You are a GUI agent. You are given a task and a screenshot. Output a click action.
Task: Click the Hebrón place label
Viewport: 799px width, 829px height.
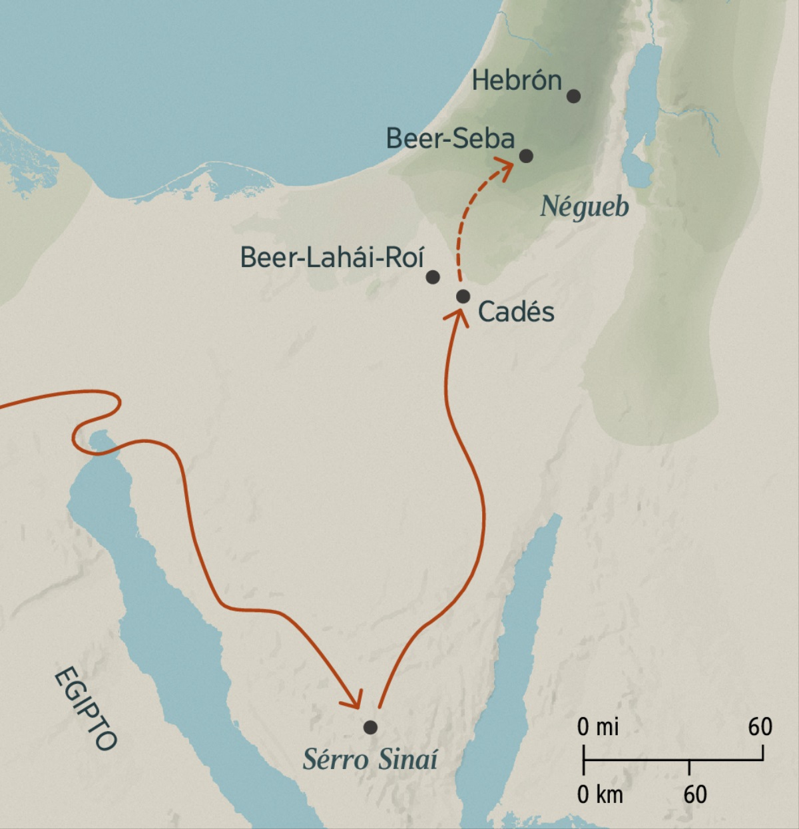[x=517, y=81]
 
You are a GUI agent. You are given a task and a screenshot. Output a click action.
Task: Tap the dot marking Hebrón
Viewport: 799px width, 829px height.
[x=573, y=96]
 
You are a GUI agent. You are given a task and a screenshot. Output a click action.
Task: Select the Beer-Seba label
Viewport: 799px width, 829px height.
[x=450, y=138]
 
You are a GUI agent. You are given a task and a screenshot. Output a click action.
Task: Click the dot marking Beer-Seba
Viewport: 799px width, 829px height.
[x=526, y=156]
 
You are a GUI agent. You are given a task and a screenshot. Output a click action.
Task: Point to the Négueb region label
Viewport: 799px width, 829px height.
[x=584, y=206]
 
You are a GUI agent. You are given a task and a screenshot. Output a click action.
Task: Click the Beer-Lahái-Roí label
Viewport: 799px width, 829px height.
[x=332, y=257]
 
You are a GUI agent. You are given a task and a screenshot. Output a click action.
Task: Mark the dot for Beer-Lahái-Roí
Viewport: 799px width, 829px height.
[x=433, y=276]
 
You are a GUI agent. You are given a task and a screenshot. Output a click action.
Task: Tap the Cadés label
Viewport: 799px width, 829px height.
[x=516, y=312]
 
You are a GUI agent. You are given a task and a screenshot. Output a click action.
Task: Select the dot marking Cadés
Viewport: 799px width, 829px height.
[x=463, y=296]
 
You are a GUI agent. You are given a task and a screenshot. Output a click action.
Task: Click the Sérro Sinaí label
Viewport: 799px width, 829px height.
[x=370, y=759]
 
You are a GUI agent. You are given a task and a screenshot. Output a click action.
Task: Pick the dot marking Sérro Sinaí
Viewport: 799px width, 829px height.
[x=370, y=727]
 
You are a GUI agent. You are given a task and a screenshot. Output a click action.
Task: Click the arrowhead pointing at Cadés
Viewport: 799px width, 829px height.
[x=457, y=316]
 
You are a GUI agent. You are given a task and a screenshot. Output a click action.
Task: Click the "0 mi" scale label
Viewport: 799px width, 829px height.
[x=597, y=727]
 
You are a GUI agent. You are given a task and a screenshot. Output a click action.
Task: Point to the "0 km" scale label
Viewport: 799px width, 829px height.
[x=599, y=794]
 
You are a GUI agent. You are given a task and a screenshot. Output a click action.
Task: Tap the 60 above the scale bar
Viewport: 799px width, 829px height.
[x=760, y=726]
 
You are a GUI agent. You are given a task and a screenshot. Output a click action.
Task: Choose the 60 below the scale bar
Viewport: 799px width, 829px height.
[x=694, y=794]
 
